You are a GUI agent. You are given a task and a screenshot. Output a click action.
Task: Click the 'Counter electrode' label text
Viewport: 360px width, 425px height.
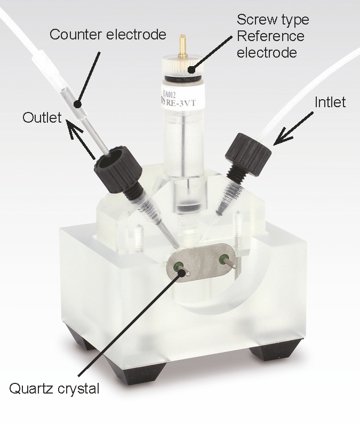108,35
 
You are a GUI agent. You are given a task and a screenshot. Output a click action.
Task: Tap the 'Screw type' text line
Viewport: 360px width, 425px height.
273,20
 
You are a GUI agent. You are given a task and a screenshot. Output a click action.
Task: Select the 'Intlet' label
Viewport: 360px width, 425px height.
330,102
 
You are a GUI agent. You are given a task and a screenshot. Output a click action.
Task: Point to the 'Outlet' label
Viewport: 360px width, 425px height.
42,117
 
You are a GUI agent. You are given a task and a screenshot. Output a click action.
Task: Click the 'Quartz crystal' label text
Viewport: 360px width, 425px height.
54,389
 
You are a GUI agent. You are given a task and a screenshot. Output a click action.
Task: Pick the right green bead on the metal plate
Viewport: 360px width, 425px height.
223,258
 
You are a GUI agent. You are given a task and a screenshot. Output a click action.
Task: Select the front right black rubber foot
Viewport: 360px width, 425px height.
276,350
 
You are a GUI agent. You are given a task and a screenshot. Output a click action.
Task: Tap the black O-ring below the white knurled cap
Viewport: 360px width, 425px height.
183,78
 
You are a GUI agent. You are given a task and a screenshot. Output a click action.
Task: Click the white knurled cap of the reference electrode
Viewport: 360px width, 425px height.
183,66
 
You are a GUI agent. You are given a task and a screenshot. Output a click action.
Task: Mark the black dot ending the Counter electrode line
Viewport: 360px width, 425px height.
78,104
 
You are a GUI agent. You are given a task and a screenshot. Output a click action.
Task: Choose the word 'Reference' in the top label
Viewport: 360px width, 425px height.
270,36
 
